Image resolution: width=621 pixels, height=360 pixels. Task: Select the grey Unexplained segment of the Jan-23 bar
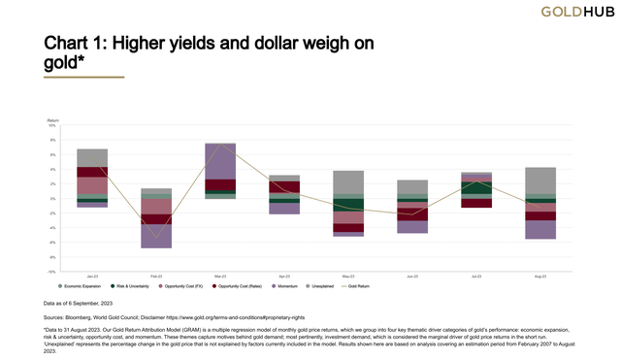92,157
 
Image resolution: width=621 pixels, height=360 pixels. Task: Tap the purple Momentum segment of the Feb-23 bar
156,236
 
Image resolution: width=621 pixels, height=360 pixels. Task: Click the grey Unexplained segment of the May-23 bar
348,183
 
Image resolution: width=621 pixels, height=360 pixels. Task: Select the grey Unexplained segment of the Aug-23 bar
540,182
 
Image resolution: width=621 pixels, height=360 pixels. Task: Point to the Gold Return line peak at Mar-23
220,145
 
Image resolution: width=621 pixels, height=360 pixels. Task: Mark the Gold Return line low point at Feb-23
156,236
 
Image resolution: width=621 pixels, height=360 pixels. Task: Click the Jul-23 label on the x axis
476,276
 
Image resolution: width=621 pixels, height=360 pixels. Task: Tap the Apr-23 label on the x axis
284,276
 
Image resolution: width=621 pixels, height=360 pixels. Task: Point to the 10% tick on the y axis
53,125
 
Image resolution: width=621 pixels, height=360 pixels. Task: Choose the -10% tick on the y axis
52,272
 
